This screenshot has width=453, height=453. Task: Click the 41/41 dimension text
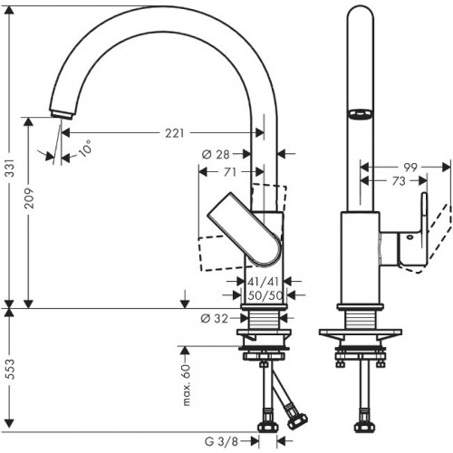point(264,283)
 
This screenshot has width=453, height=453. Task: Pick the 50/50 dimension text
point(264,296)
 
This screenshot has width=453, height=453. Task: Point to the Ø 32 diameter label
point(216,318)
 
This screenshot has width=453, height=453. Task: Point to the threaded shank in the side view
point(361,323)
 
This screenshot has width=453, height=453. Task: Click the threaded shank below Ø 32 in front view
point(264,323)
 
